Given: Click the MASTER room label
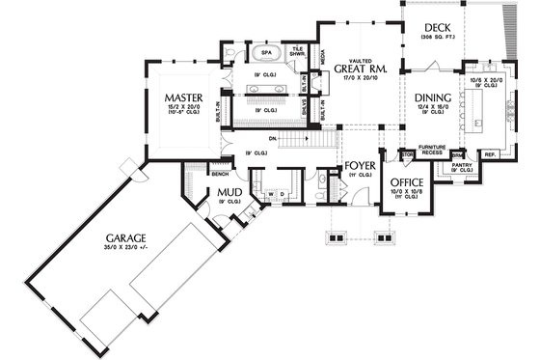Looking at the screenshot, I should tap(182, 98).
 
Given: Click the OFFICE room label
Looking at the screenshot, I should tap(406, 181).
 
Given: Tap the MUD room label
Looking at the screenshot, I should tap(229, 193).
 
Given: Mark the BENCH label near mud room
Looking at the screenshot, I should tap(220, 174).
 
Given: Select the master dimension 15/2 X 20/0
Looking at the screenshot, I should tap(182, 109).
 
